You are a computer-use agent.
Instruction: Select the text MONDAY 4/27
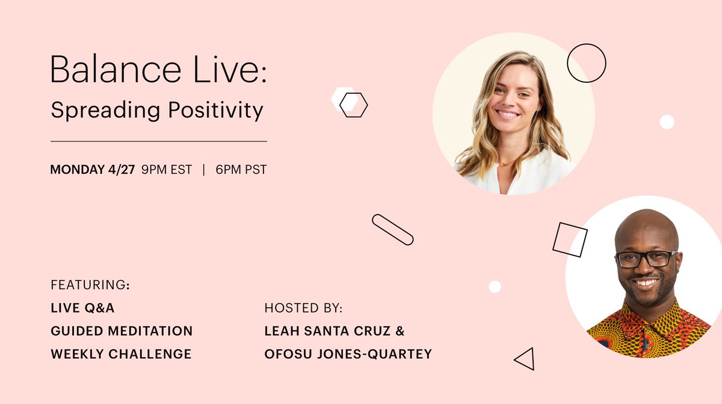pyautogui.click(x=93, y=170)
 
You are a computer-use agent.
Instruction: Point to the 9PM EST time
pyautogui.click(x=167, y=170)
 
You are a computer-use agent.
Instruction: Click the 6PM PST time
pyautogui.click(x=241, y=170)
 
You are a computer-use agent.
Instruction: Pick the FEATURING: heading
pyautogui.click(x=90, y=284)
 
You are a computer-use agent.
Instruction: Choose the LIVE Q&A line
pyautogui.click(x=82, y=308)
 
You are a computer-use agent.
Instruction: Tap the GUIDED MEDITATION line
pyautogui.click(x=122, y=331)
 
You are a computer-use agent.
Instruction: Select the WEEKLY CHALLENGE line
pyautogui.click(x=121, y=354)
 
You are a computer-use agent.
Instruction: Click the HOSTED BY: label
pyautogui.click(x=303, y=308)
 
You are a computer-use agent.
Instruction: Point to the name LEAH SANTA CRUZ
pyautogui.click(x=334, y=331)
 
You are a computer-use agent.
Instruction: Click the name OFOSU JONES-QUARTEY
pyautogui.click(x=348, y=354)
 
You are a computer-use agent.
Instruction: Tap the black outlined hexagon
pyautogui.click(x=354, y=105)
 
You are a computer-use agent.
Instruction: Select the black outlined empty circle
pyautogui.click(x=586, y=63)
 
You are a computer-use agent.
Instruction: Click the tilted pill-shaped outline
pyautogui.click(x=392, y=230)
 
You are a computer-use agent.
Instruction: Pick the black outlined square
pyautogui.click(x=570, y=239)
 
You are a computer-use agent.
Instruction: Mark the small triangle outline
pyautogui.click(x=525, y=359)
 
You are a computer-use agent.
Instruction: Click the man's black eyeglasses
pyautogui.click(x=646, y=259)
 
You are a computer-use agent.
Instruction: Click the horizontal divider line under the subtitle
pyautogui.click(x=158, y=141)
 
